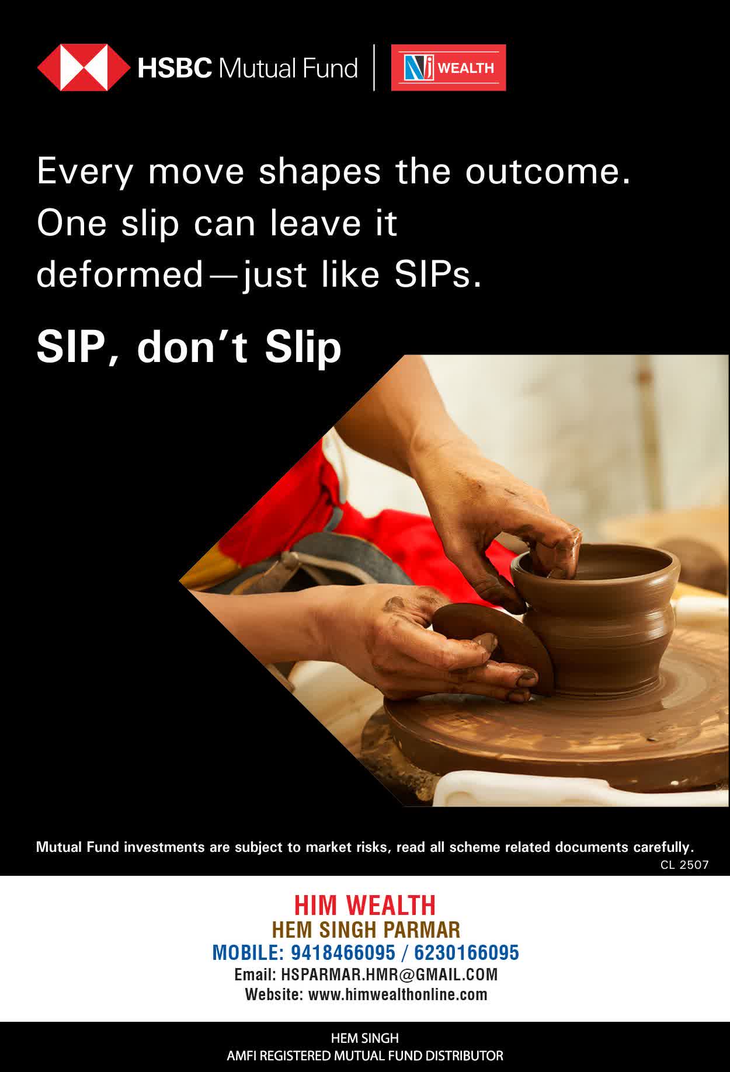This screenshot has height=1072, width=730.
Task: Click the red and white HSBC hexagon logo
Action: pyautogui.click(x=84, y=68)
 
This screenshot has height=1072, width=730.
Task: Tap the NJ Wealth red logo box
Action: pyautogui.click(x=449, y=68)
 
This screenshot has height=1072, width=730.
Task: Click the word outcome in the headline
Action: pyautogui.click(x=548, y=172)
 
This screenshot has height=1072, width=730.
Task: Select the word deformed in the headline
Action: pyautogui.click(x=119, y=274)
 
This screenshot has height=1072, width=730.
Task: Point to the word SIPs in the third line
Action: pyautogui.click(x=438, y=275)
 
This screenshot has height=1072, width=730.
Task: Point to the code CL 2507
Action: pyautogui.click(x=684, y=865)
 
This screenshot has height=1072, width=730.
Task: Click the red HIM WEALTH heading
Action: pyautogui.click(x=365, y=906)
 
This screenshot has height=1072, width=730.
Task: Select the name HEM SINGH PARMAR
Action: pyautogui.click(x=366, y=930)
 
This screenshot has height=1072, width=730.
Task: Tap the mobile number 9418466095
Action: pyautogui.click(x=343, y=953)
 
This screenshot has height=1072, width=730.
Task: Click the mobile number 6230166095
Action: pyautogui.click(x=467, y=953)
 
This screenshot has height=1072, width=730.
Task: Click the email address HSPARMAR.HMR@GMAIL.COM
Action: pyautogui.click(x=390, y=974)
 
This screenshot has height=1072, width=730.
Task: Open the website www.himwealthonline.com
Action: pyautogui.click(x=398, y=994)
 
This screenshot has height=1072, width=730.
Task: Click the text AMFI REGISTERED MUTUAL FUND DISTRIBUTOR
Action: pyautogui.click(x=365, y=1056)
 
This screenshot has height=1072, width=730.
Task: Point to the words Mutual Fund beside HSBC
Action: pyautogui.click(x=287, y=68)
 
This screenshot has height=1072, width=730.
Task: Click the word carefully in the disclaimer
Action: pyautogui.click(x=663, y=847)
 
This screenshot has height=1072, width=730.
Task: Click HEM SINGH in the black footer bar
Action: pyautogui.click(x=365, y=1038)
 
